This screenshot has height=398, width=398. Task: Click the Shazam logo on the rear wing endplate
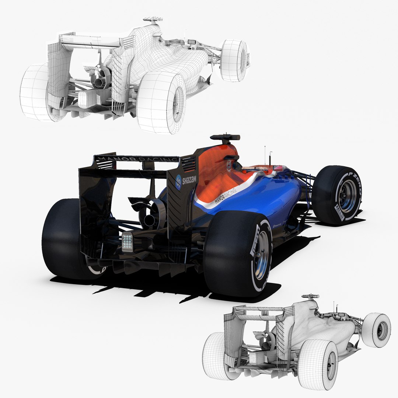(x=185, y=181)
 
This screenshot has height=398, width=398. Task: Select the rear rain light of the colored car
(x=127, y=242)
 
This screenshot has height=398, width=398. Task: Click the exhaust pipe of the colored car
(x=149, y=221)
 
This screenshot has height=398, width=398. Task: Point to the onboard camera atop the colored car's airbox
(x=225, y=138)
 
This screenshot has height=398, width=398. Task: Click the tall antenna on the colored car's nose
(x=265, y=155)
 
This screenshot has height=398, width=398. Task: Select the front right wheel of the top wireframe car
(x=234, y=61)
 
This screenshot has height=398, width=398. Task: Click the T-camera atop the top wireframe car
(x=153, y=19)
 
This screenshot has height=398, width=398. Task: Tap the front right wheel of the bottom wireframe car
(x=377, y=330)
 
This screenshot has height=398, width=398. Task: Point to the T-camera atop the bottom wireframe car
(x=310, y=296)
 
